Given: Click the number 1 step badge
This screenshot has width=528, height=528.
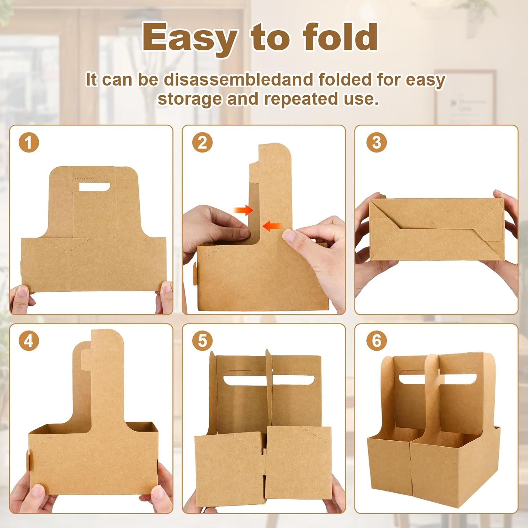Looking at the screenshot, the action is pyautogui.click(x=29, y=143).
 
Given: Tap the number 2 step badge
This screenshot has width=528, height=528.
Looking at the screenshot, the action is pyautogui.click(x=202, y=143).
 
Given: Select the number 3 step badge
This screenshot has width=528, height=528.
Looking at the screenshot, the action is pyautogui.click(x=376, y=143).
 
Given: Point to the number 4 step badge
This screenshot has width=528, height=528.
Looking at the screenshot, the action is pyautogui.click(x=29, y=341).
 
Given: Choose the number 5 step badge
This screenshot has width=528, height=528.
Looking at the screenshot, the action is pyautogui.click(x=202, y=341).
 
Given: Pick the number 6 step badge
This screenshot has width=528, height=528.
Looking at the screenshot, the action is pyautogui.click(x=376, y=341).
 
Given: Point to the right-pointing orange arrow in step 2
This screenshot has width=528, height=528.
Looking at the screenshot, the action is pyautogui.click(x=244, y=210).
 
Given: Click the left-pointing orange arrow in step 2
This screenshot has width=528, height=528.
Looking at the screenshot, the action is pyautogui.click(x=272, y=226).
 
